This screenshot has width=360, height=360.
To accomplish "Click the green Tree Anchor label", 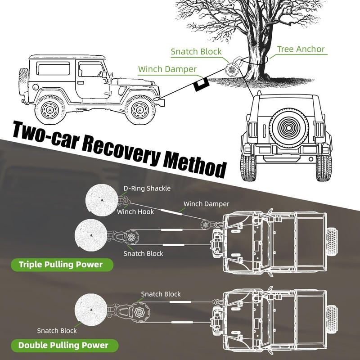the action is click(301, 49).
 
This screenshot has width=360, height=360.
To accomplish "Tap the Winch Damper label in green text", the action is click(167, 69).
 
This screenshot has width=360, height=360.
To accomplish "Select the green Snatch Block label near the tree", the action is click(196, 51).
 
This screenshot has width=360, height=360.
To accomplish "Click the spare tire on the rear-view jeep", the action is click(288, 128).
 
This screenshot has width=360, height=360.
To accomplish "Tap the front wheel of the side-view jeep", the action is click(139, 110).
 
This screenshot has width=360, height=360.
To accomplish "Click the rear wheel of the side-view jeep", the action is click(49, 110).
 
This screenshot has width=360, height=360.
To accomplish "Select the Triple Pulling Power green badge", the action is click(62, 265).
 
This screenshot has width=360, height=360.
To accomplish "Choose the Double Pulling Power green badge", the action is click(64, 345).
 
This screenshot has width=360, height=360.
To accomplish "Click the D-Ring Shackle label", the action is click(147, 189).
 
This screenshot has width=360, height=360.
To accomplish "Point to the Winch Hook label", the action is click(135, 211).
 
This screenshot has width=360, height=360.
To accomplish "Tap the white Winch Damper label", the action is click(206, 204).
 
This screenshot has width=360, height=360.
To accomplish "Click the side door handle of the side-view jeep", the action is click(81, 82).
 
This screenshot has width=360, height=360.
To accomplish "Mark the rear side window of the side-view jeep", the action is click(53, 68).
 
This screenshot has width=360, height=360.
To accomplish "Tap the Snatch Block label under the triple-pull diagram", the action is click(143, 253).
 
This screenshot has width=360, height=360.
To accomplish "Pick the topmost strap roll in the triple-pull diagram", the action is click(102, 200).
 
